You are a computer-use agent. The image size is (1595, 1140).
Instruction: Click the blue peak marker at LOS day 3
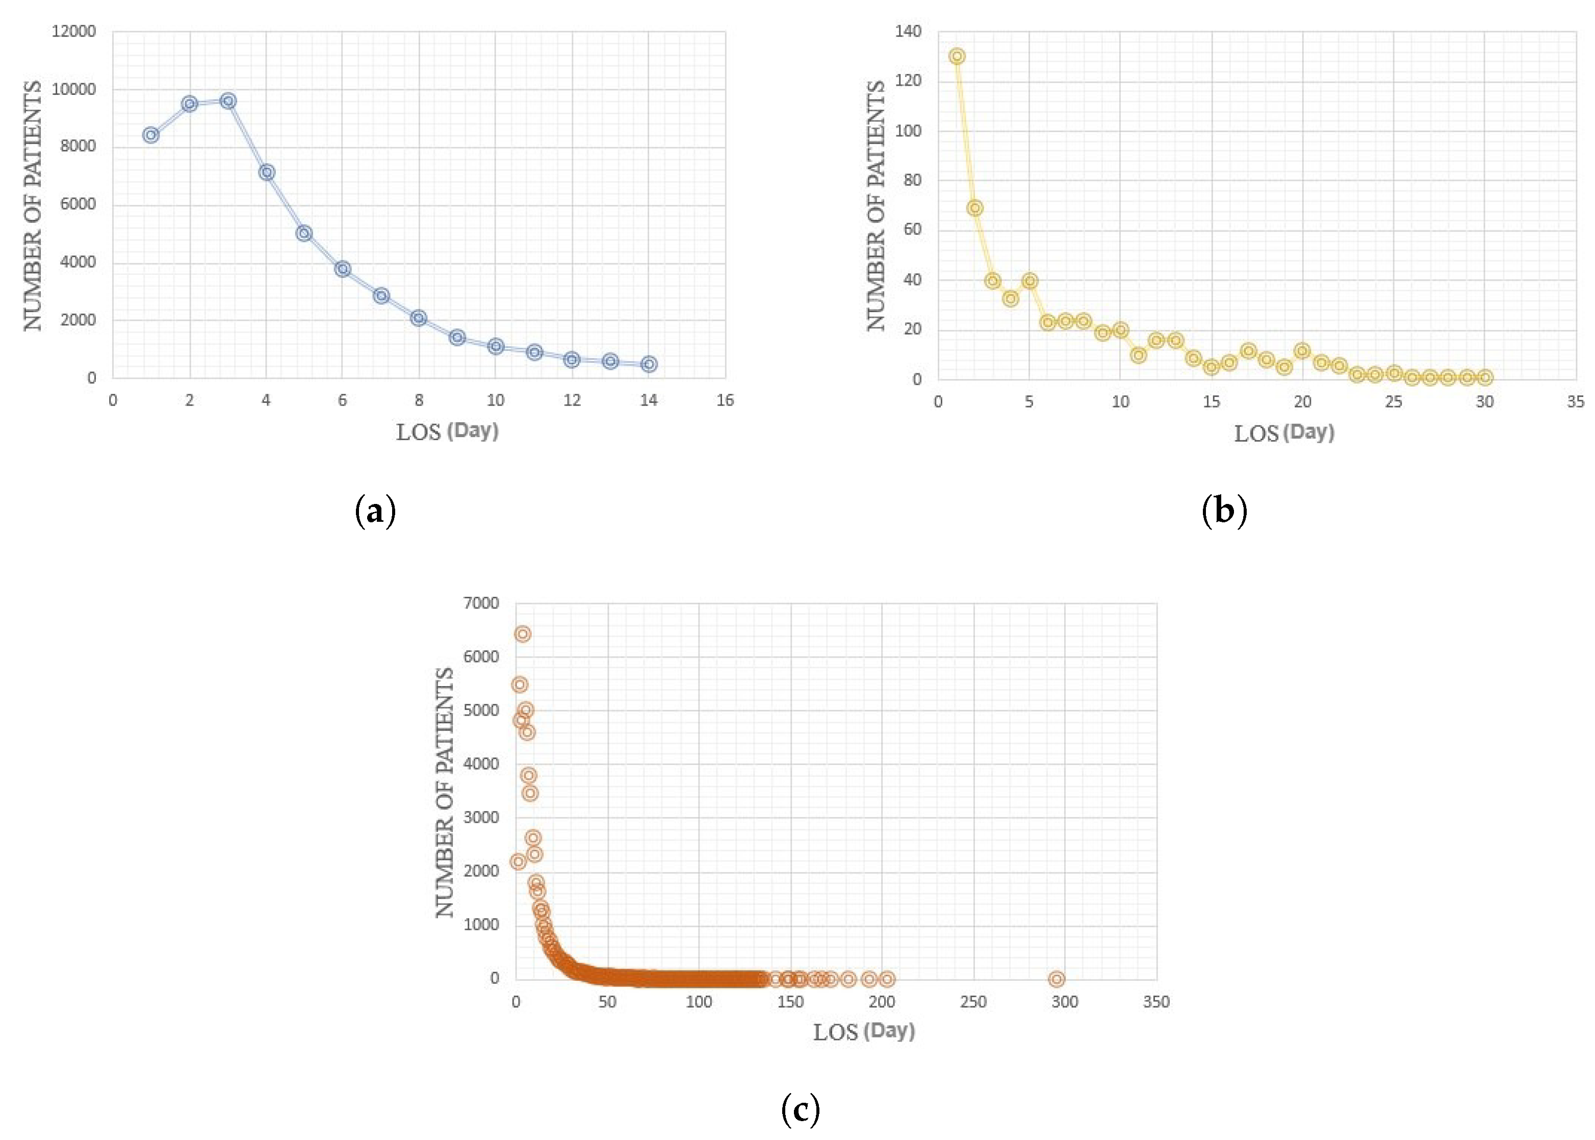coord(227,101)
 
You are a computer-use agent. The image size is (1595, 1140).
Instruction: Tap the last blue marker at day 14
coord(649,364)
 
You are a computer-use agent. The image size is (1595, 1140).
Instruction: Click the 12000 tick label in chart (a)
coord(73,32)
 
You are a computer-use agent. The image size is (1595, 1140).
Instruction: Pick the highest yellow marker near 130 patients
coord(957,56)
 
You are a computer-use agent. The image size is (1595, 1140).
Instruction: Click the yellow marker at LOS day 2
coord(974,208)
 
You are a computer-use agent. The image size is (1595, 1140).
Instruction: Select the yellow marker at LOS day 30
coord(1484,377)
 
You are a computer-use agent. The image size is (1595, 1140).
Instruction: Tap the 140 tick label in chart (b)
coord(908,32)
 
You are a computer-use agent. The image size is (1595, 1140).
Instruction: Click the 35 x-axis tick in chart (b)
coord(1575,401)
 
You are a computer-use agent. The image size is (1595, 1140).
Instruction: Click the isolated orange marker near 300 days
coord(1056,978)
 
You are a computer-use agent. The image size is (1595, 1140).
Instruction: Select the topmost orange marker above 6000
coord(522,634)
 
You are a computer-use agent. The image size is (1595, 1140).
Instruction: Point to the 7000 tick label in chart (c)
coord(481,603)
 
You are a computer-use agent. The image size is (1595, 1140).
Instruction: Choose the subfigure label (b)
coord(1224,511)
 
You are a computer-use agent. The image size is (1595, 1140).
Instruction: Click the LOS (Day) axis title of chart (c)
coord(863,1031)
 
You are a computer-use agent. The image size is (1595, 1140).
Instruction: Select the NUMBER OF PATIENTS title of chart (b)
coord(875,205)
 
